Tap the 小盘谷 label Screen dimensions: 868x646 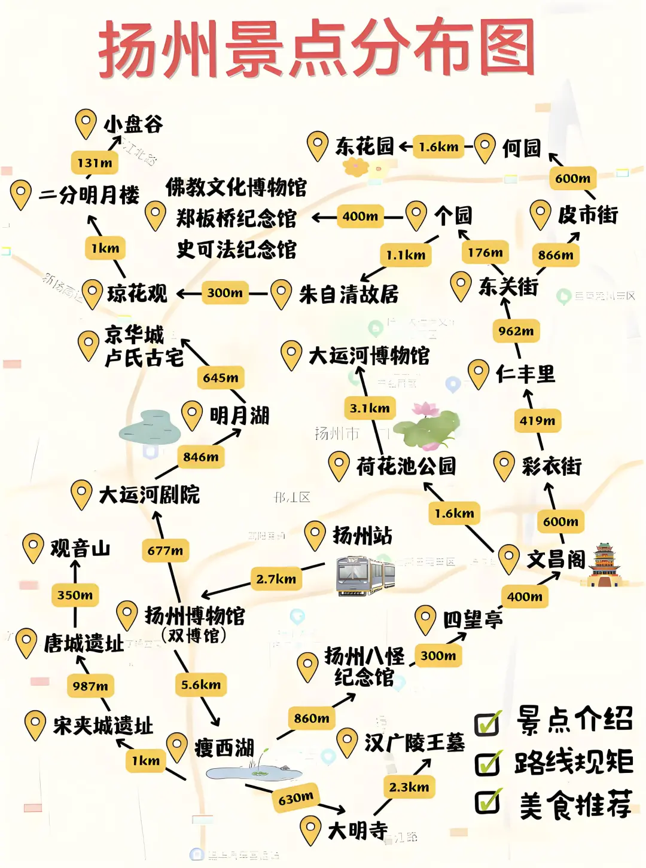(x=133, y=124)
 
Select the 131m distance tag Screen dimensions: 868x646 (x=95, y=163)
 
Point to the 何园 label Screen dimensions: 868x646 (x=521, y=148)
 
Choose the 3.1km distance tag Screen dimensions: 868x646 (x=370, y=408)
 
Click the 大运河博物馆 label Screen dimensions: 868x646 (x=369, y=356)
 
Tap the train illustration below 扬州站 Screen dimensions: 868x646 (x=365, y=575)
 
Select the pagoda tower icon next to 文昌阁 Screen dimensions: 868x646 (x=604, y=565)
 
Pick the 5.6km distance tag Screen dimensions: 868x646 (x=201, y=684)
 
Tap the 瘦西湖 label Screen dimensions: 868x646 (x=224, y=748)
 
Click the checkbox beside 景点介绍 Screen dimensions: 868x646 (x=488, y=723)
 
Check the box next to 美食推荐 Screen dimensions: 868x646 (x=488, y=802)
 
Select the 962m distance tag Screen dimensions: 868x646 (x=516, y=331)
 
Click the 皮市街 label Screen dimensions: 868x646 (x=587, y=215)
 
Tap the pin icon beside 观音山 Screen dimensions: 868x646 (x=33, y=546)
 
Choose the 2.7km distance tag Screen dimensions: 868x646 (x=276, y=579)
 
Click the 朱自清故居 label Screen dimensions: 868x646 (x=349, y=294)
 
